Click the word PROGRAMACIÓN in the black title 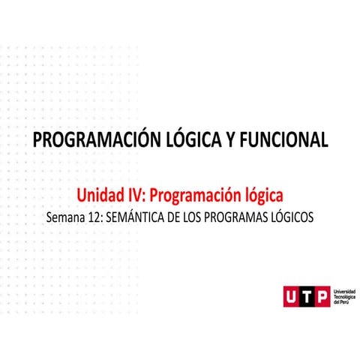[80, 139]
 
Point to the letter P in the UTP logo [321, 297]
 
